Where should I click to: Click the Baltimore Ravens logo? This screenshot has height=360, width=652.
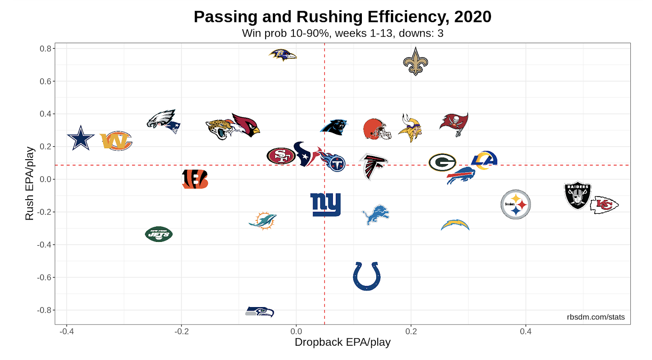pyautogui.click(x=282, y=55)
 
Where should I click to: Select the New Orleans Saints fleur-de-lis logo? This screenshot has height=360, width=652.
pyautogui.click(x=415, y=61)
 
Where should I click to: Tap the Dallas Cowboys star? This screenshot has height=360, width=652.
pyautogui.click(x=81, y=138)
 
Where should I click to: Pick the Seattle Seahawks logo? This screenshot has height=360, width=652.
pyautogui.click(x=260, y=312)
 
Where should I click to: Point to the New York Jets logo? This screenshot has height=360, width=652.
pyautogui.click(x=159, y=234)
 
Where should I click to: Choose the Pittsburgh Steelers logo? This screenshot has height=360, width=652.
pyautogui.click(x=515, y=204)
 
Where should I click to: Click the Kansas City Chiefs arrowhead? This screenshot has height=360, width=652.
pyautogui.click(x=604, y=205)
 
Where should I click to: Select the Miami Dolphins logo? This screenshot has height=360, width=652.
pyautogui.click(x=263, y=221)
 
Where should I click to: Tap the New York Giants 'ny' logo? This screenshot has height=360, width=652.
pyautogui.click(x=325, y=204)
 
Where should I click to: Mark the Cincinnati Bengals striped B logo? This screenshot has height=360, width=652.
pyautogui.click(x=195, y=179)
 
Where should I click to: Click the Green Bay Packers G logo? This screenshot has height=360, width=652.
pyautogui.click(x=442, y=162)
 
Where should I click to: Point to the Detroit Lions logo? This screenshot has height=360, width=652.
pyautogui.click(x=375, y=215)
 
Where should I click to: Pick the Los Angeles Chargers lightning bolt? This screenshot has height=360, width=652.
pyautogui.click(x=455, y=225)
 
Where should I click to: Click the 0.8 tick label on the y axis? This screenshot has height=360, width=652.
pyautogui.click(x=45, y=49)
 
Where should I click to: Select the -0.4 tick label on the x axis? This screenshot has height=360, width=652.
pyautogui.click(x=67, y=331)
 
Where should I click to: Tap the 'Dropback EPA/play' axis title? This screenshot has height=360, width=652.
pyautogui.click(x=342, y=342)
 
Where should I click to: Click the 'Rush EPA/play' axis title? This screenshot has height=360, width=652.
pyautogui.click(x=30, y=184)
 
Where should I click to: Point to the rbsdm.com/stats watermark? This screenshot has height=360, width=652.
pyautogui.click(x=595, y=317)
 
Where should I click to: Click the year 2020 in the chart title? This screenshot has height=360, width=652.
pyautogui.click(x=473, y=17)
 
